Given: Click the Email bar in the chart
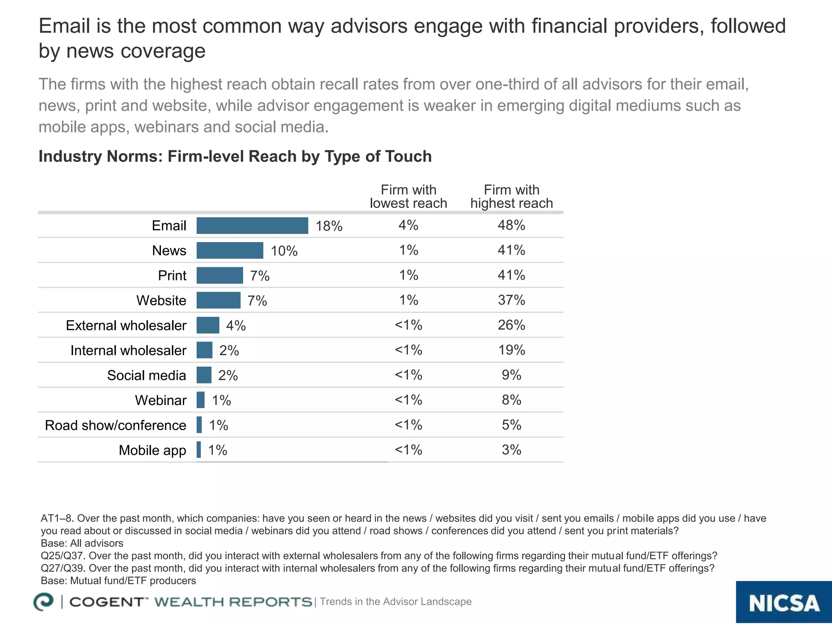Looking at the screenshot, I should tap(252, 225).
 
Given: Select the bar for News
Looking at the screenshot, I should tap(230, 250).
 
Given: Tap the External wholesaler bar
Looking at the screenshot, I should tap(208, 325).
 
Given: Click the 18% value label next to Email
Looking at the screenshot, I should tap(329, 226).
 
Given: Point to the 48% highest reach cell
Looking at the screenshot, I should tap(511, 225).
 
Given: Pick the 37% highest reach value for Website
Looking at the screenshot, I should tap(511, 300).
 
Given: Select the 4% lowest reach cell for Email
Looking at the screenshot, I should tap(408, 225).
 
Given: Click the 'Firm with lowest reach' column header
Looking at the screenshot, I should tap(408, 197).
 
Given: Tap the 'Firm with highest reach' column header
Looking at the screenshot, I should tap(511, 197).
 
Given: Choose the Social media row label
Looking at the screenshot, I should tap(146, 375).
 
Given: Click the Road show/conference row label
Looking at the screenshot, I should tap(115, 425).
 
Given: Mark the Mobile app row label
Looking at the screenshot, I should tap(152, 450).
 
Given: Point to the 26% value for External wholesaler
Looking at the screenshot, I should tap(511, 325).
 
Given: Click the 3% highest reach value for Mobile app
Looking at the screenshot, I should tap(511, 450).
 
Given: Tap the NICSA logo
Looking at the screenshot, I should tap(784, 602).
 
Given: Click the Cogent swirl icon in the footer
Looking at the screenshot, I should tap(43, 602).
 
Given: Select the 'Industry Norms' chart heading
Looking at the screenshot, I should tap(235, 156).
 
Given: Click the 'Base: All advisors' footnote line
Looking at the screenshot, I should tap(82, 543).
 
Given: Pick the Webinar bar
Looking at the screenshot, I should tap(200, 400).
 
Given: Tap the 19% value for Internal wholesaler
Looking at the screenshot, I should tap(511, 350).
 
